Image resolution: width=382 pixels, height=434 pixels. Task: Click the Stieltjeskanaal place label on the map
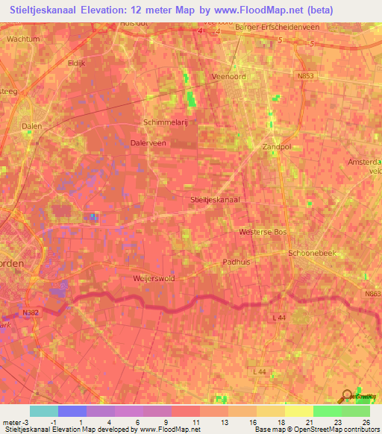click(x=215, y=199)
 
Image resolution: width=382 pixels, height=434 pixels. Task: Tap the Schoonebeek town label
click(x=313, y=254)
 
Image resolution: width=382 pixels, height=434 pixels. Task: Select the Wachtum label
click(x=23, y=37)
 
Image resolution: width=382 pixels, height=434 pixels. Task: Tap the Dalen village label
click(x=31, y=127)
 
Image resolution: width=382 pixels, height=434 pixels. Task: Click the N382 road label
click(x=31, y=312)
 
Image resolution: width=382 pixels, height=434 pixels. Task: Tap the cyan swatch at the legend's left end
click(x=43, y=411)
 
